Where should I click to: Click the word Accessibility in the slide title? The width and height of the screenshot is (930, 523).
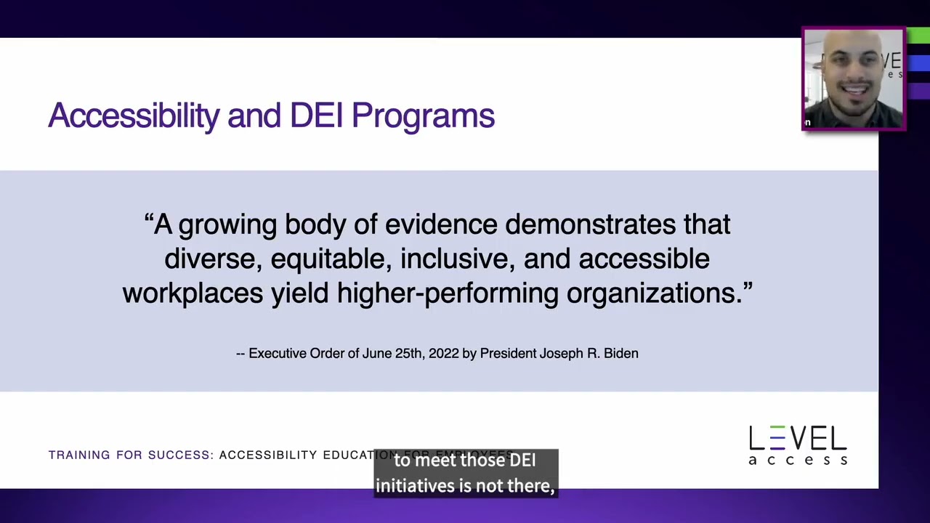click(133, 116)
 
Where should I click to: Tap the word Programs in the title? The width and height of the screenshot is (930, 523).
click(423, 116)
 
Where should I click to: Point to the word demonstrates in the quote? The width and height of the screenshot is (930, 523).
click(590, 224)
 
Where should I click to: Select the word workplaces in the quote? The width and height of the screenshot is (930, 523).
click(193, 293)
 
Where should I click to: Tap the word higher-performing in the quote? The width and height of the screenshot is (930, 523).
click(448, 293)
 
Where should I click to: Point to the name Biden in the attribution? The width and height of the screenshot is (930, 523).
click(620, 354)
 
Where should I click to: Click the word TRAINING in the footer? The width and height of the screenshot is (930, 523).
click(79, 455)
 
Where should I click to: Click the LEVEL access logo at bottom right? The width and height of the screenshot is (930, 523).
click(798, 445)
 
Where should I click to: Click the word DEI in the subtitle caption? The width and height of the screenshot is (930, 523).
click(522, 461)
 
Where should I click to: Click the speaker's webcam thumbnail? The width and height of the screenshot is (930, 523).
click(853, 79)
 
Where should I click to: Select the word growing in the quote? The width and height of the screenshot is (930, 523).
click(227, 225)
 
